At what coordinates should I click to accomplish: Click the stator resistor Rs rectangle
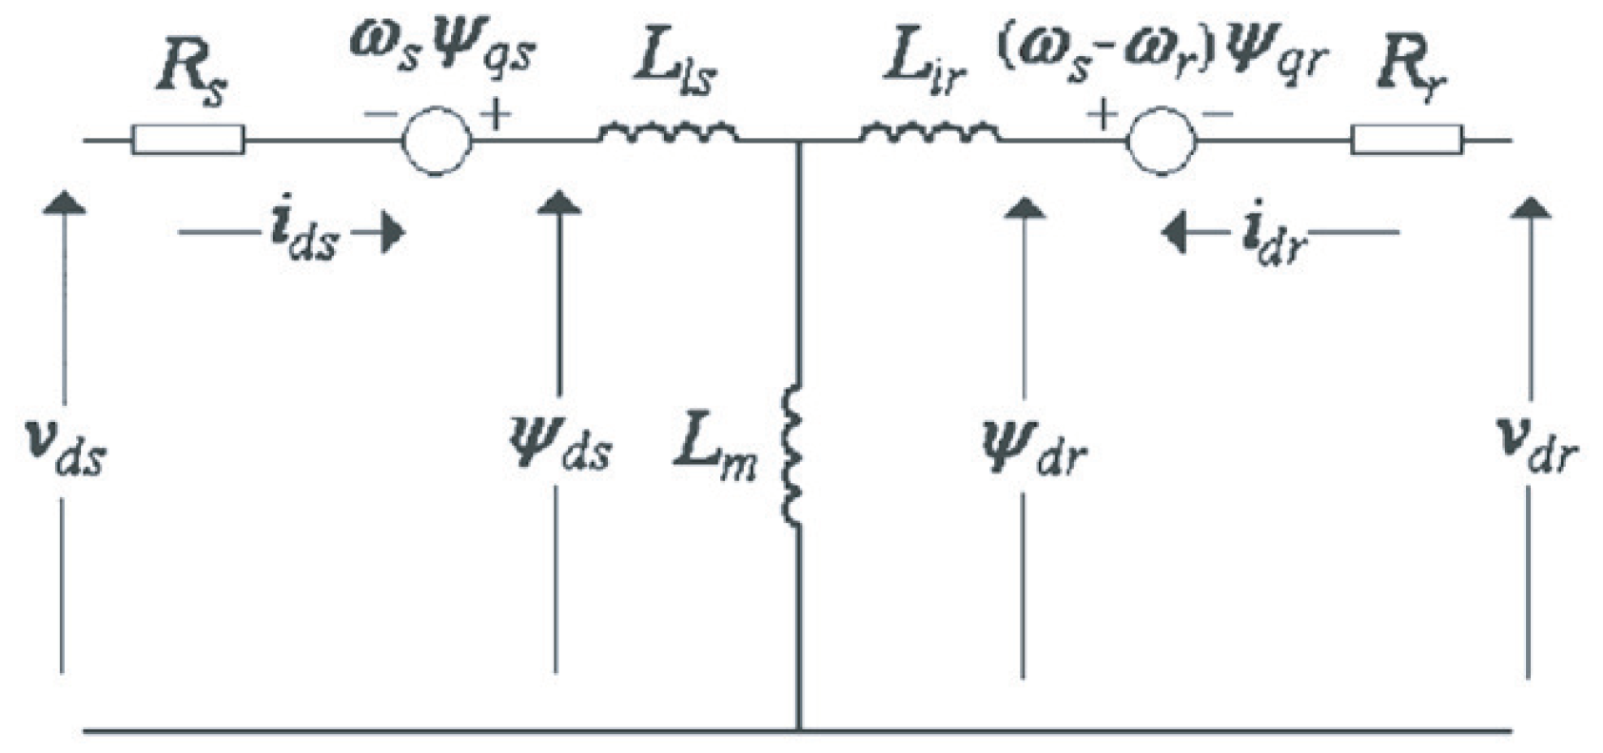tap(187, 141)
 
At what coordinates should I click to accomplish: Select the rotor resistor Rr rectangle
tap(1407, 140)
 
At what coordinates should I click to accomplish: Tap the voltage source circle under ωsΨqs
tap(436, 141)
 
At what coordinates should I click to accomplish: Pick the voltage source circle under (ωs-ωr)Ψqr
tap(1161, 141)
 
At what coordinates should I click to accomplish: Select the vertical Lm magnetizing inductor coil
tap(793, 454)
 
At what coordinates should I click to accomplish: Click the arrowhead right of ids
tap(391, 233)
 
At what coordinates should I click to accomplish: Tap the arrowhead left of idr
tap(1177, 233)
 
